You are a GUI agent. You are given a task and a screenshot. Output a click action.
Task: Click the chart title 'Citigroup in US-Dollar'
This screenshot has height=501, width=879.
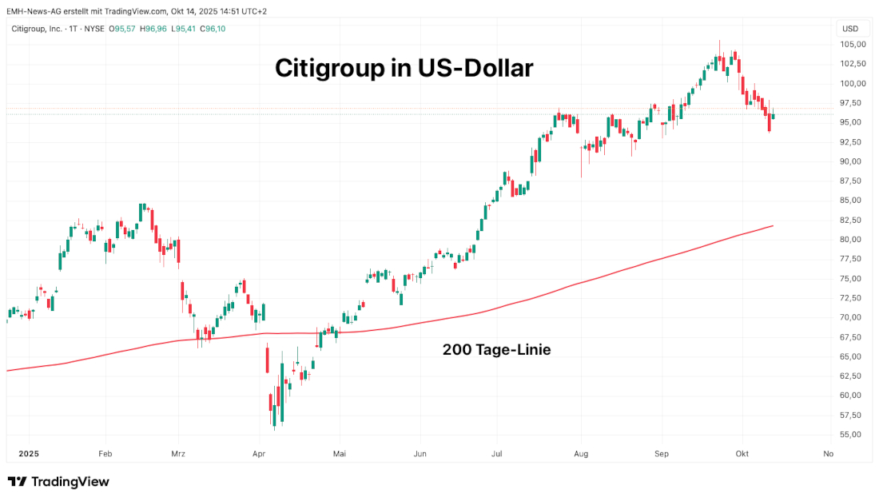[x=404, y=68]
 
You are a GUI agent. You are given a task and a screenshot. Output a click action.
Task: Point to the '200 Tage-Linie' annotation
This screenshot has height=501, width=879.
[x=496, y=349]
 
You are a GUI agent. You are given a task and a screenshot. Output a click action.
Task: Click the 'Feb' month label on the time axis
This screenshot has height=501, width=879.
[x=105, y=454]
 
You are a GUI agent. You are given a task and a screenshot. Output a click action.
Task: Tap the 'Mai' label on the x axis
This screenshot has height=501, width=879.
[x=340, y=454]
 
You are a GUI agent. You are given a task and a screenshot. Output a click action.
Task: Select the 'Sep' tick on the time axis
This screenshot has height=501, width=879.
[x=661, y=454]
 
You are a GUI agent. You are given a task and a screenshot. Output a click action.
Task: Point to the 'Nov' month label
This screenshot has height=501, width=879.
[x=828, y=454]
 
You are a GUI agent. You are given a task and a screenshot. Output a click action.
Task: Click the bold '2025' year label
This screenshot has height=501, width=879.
[x=28, y=454]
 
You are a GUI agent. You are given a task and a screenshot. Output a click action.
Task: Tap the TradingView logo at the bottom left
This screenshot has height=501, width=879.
[x=58, y=482]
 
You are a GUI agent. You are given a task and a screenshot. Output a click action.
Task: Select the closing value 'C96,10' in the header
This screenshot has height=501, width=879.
[x=213, y=29]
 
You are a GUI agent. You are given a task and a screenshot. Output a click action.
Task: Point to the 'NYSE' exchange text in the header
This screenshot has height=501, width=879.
[x=95, y=29]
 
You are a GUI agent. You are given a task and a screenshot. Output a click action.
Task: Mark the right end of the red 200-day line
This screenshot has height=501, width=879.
[x=773, y=226]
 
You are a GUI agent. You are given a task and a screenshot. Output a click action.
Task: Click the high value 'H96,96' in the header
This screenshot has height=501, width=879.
[x=153, y=29]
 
